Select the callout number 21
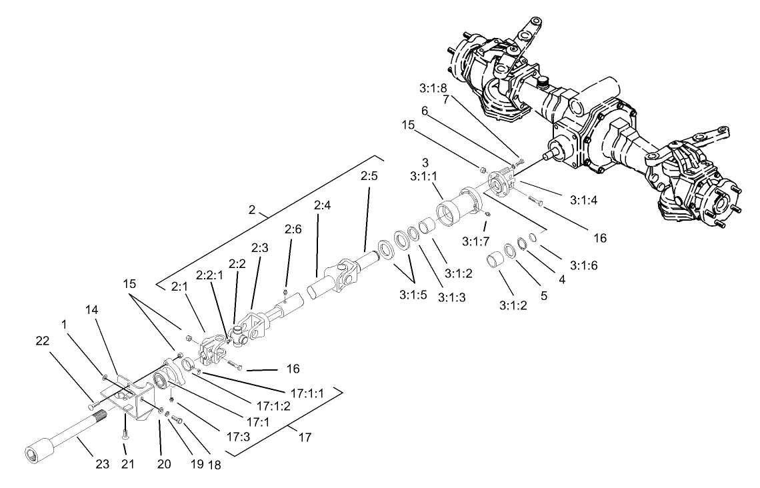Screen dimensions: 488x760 (x=127, y=464)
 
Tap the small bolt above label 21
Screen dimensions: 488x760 (x=126, y=434)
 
